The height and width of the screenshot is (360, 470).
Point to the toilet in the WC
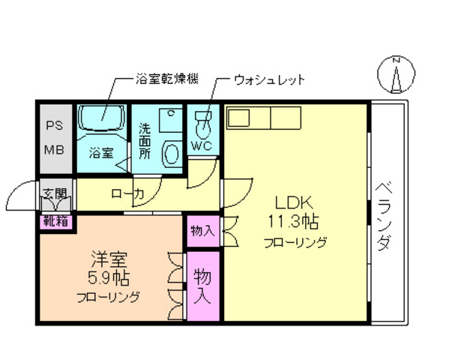[x=203, y=121]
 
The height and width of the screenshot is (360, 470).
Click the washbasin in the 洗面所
[x=172, y=154]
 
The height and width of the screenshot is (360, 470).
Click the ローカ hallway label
[x=127, y=194]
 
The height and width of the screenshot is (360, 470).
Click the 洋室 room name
[x=108, y=260]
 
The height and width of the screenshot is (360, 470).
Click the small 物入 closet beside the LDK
[x=202, y=230]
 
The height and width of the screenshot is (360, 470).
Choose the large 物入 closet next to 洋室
[x=202, y=286]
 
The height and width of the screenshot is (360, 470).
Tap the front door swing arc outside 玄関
[x=18, y=196]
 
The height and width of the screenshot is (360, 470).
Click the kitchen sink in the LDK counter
[x=241, y=118]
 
